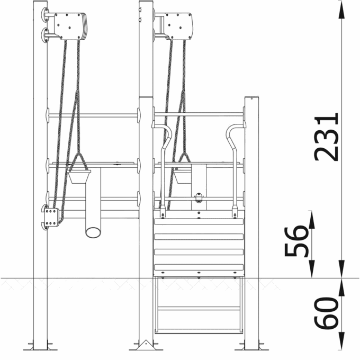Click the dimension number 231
point(326,137)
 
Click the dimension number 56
point(296,241)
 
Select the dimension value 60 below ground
point(326,313)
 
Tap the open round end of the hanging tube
point(93,232)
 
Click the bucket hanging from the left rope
point(79,176)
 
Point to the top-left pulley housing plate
point(69,26)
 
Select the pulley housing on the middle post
point(178,26)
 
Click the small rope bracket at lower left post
point(51,217)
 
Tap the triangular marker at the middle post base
point(146,345)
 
